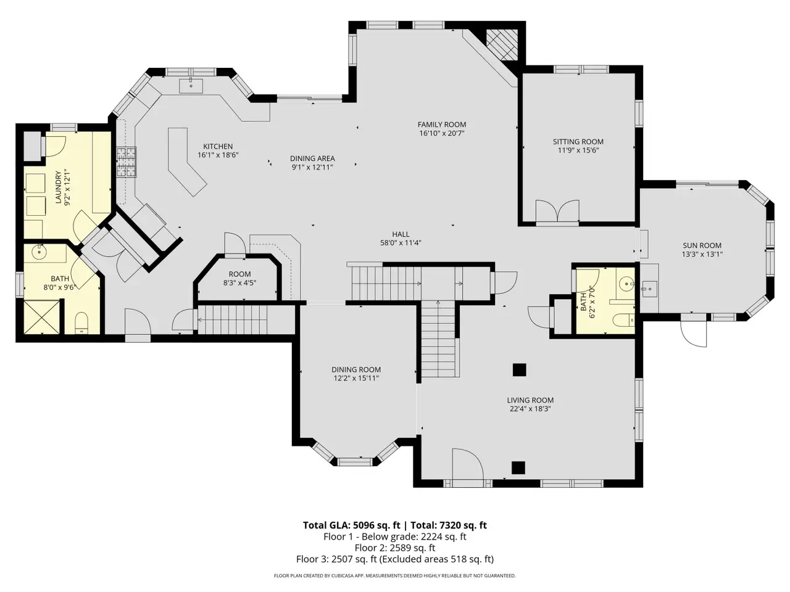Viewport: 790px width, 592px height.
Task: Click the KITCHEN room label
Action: (x=218, y=146)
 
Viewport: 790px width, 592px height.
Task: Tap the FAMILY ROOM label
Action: (x=442, y=125)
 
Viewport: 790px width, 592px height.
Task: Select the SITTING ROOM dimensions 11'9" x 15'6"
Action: (x=578, y=150)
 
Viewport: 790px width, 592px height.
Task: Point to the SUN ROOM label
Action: (x=702, y=245)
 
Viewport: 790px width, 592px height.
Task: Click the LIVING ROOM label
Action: (x=530, y=400)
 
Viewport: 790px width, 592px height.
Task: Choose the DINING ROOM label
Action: (x=356, y=369)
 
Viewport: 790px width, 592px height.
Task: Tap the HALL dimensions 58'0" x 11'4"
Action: (x=401, y=242)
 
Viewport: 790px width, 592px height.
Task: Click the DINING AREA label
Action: (x=312, y=158)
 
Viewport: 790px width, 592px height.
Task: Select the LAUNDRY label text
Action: (x=58, y=187)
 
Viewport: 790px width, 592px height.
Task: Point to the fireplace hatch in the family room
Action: (x=502, y=45)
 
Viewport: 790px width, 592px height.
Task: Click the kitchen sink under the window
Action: (x=191, y=86)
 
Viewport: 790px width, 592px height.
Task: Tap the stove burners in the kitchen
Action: (x=127, y=162)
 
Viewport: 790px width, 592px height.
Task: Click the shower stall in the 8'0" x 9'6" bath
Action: (x=42, y=317)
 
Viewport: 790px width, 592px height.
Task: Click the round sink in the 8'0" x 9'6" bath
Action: (x=39, y=252)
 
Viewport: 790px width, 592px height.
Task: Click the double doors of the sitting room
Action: (x=557, y=211)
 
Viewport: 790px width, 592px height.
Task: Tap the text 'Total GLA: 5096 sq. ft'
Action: (x=351, y=525)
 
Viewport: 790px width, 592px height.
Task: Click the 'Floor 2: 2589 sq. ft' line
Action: (x=395, y=548)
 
